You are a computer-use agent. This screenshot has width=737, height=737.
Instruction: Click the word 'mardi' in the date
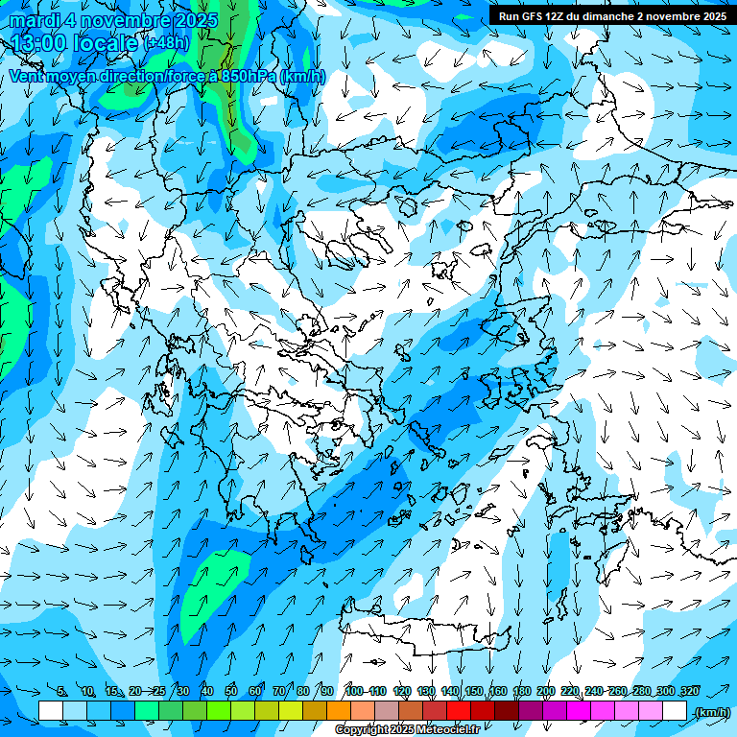point(33,20)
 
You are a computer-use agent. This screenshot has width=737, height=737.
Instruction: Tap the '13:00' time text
point(39,43)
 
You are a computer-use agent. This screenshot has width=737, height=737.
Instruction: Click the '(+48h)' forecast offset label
point(167,43)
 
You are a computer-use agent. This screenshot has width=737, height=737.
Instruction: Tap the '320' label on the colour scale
point(690,691)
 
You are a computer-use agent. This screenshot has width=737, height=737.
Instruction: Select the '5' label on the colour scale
point(61,691)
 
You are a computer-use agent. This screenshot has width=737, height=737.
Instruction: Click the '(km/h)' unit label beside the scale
point(712,712)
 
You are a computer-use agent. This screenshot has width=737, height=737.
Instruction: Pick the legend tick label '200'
point(546,691)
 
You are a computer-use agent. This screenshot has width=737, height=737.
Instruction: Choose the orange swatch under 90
point(339,711)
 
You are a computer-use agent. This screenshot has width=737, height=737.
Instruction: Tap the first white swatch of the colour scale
point(51,711)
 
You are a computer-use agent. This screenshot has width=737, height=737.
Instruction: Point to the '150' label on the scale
point(474,691)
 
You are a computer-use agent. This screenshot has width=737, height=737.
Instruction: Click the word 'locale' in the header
point(105,43)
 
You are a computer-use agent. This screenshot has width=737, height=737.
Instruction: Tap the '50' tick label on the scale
point(231,691)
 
